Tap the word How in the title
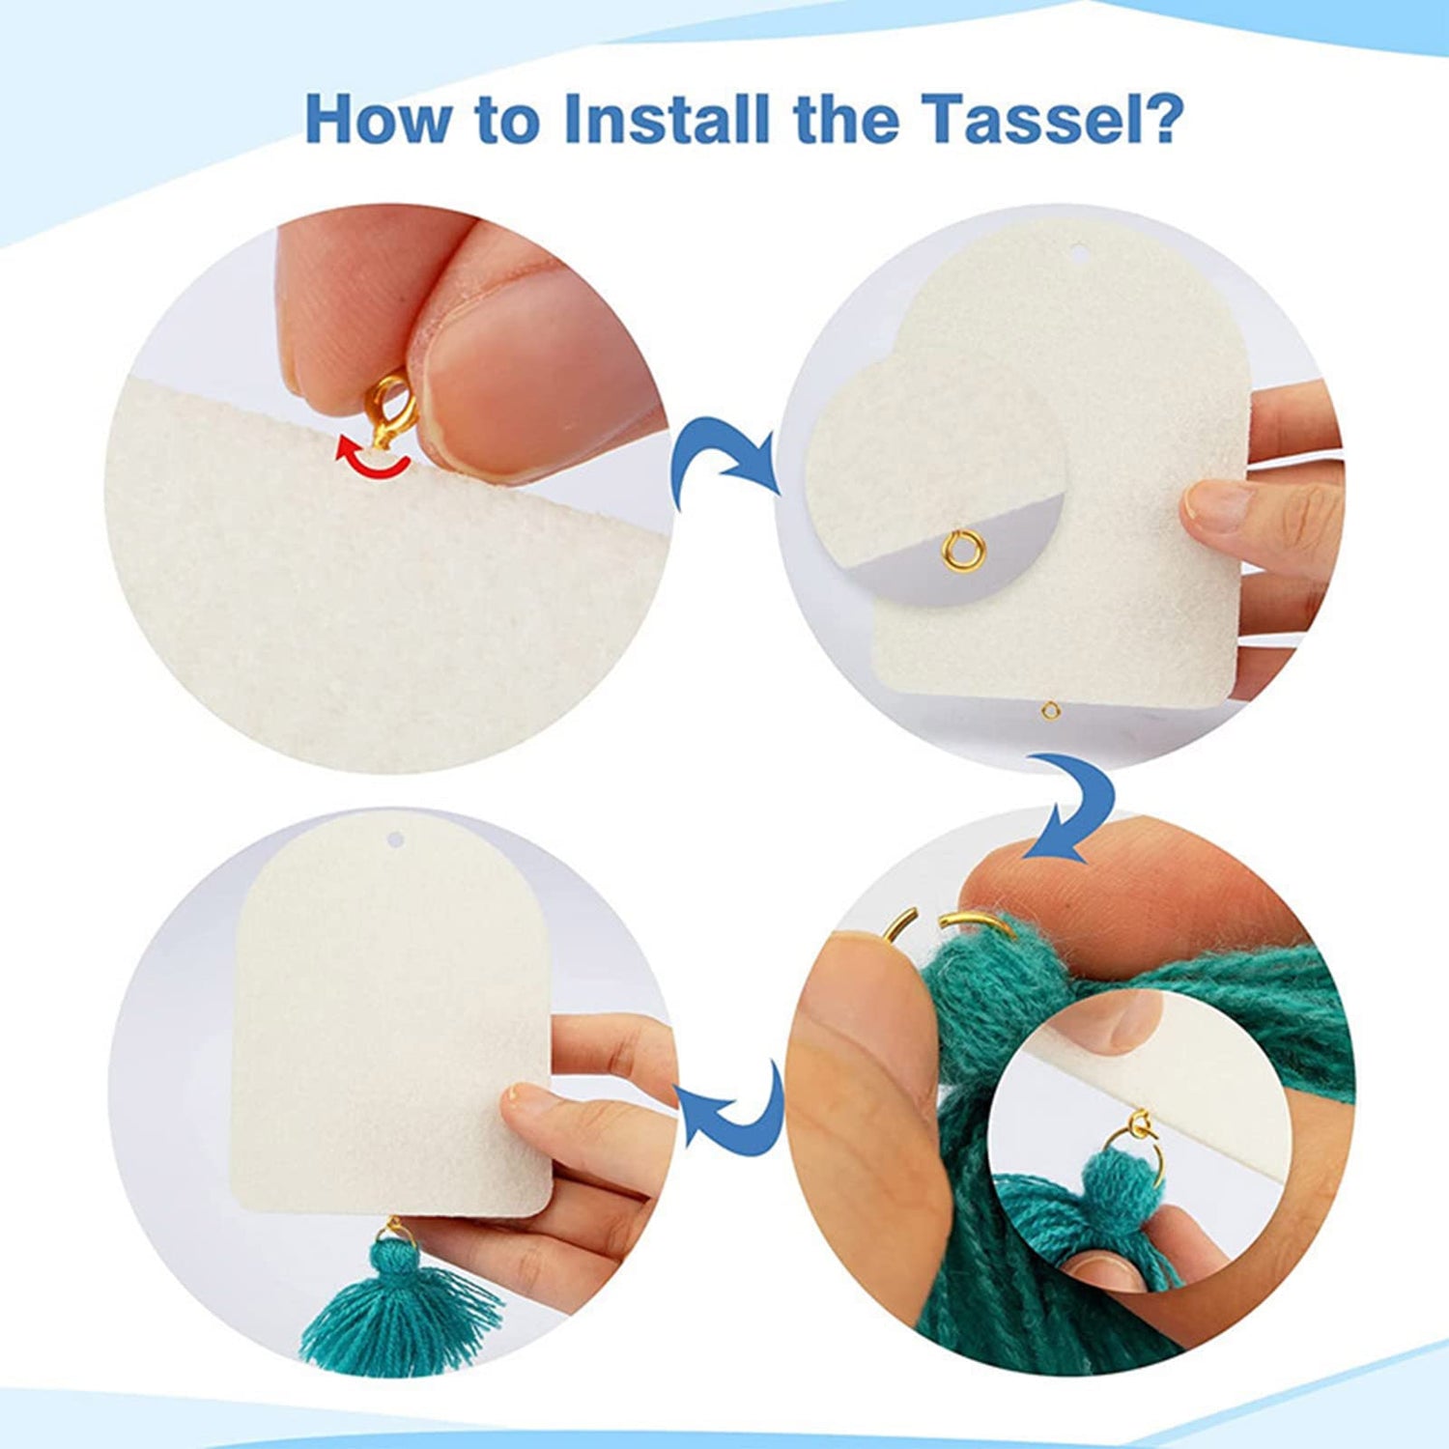click(378, 119)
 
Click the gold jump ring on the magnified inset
click(957, 552)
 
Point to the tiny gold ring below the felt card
click(1051, 712)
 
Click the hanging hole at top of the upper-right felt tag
click(1079, 255)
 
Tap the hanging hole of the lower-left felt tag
click(393, 839)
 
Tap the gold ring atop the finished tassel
click(396, 1231)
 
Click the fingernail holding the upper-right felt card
click(1219, 503)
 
